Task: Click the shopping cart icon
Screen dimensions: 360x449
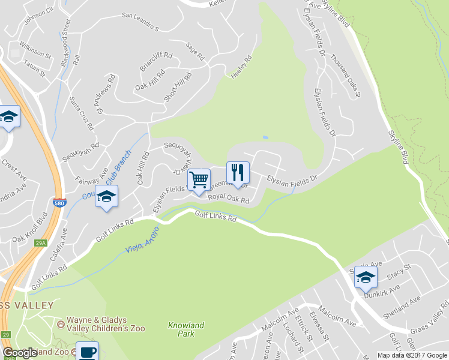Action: (199, 179)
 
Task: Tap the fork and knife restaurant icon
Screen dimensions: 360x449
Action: (238, 173)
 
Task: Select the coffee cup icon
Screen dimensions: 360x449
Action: (87, 352)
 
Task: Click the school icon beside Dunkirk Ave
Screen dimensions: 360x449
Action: (366, 277)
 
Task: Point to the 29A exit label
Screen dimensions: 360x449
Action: (41, 243)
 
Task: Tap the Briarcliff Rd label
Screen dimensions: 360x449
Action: (156, 62)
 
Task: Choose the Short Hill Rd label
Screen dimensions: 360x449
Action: (178, 87)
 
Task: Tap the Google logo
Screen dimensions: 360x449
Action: (20, 353)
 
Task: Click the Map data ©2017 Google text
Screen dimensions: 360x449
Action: (412, 355)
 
